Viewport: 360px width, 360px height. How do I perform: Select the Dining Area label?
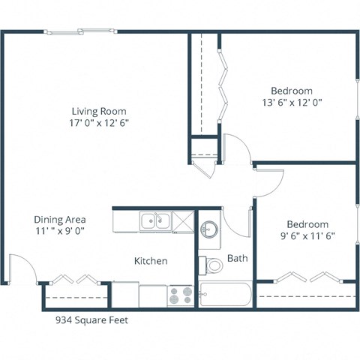pos(59,219)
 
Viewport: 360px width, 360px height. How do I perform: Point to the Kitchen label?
pos(150,261)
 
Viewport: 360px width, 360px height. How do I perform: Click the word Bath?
pos(237,258)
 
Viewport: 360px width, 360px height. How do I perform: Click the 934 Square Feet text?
pos(91,319)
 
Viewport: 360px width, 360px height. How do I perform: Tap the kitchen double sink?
pos(155,221)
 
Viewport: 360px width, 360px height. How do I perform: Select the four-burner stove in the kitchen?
pos(180,295)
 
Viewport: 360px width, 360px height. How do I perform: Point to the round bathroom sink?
pos(208,228)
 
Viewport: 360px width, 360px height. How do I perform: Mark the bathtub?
pos(226,294)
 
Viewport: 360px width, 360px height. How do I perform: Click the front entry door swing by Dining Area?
pos(21,268)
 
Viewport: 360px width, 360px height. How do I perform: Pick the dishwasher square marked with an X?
pos(182,221)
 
